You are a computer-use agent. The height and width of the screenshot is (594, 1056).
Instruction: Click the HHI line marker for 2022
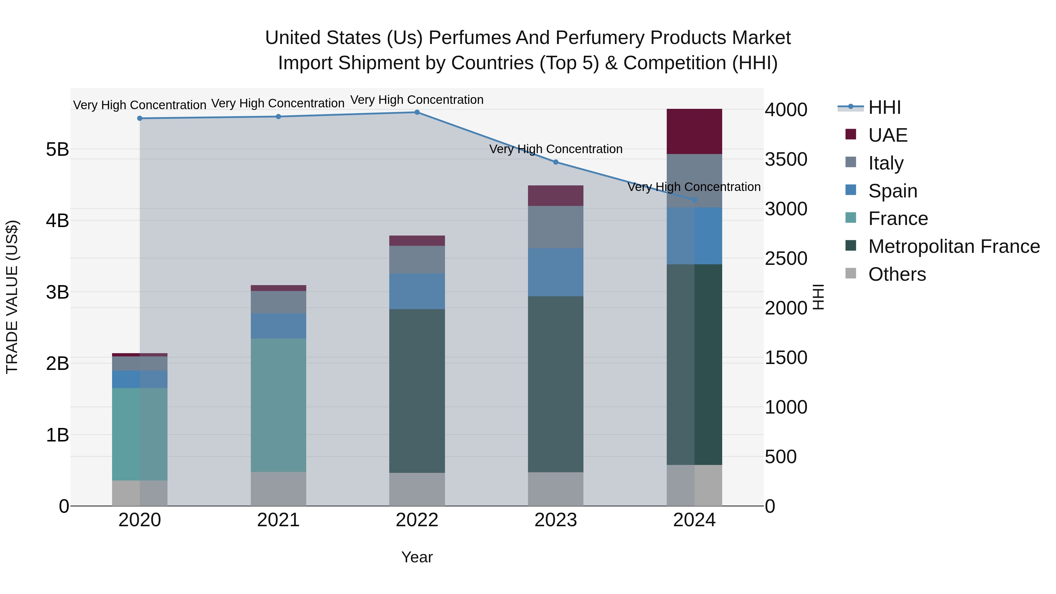417,112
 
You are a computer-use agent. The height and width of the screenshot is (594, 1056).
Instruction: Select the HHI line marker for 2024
694,200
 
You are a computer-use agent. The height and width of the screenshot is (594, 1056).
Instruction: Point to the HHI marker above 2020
140,119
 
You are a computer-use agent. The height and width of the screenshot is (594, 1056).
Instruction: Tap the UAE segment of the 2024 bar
694,132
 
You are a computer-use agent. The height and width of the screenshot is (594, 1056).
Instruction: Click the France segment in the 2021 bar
278,405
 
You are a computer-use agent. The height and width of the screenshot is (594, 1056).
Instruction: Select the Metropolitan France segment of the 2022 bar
417,391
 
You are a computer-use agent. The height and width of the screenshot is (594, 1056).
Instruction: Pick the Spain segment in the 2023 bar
556,272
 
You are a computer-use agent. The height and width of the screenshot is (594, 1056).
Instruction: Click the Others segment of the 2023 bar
556,489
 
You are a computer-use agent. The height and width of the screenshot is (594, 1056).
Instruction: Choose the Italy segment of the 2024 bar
694,181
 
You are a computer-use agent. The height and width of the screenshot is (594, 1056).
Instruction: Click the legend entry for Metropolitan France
954,246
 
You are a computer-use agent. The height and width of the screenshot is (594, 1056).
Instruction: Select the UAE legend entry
888,135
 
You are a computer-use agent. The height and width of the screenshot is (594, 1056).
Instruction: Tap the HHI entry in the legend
884,107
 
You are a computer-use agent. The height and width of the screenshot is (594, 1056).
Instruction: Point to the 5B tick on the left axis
57,149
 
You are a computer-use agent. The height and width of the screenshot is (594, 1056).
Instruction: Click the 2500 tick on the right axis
786,259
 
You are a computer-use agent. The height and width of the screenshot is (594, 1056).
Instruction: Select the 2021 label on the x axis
278,520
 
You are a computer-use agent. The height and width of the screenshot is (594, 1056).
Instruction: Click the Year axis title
417,557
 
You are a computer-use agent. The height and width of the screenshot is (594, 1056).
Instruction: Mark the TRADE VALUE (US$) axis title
12,297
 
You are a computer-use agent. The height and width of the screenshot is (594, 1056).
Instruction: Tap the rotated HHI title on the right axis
818,297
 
